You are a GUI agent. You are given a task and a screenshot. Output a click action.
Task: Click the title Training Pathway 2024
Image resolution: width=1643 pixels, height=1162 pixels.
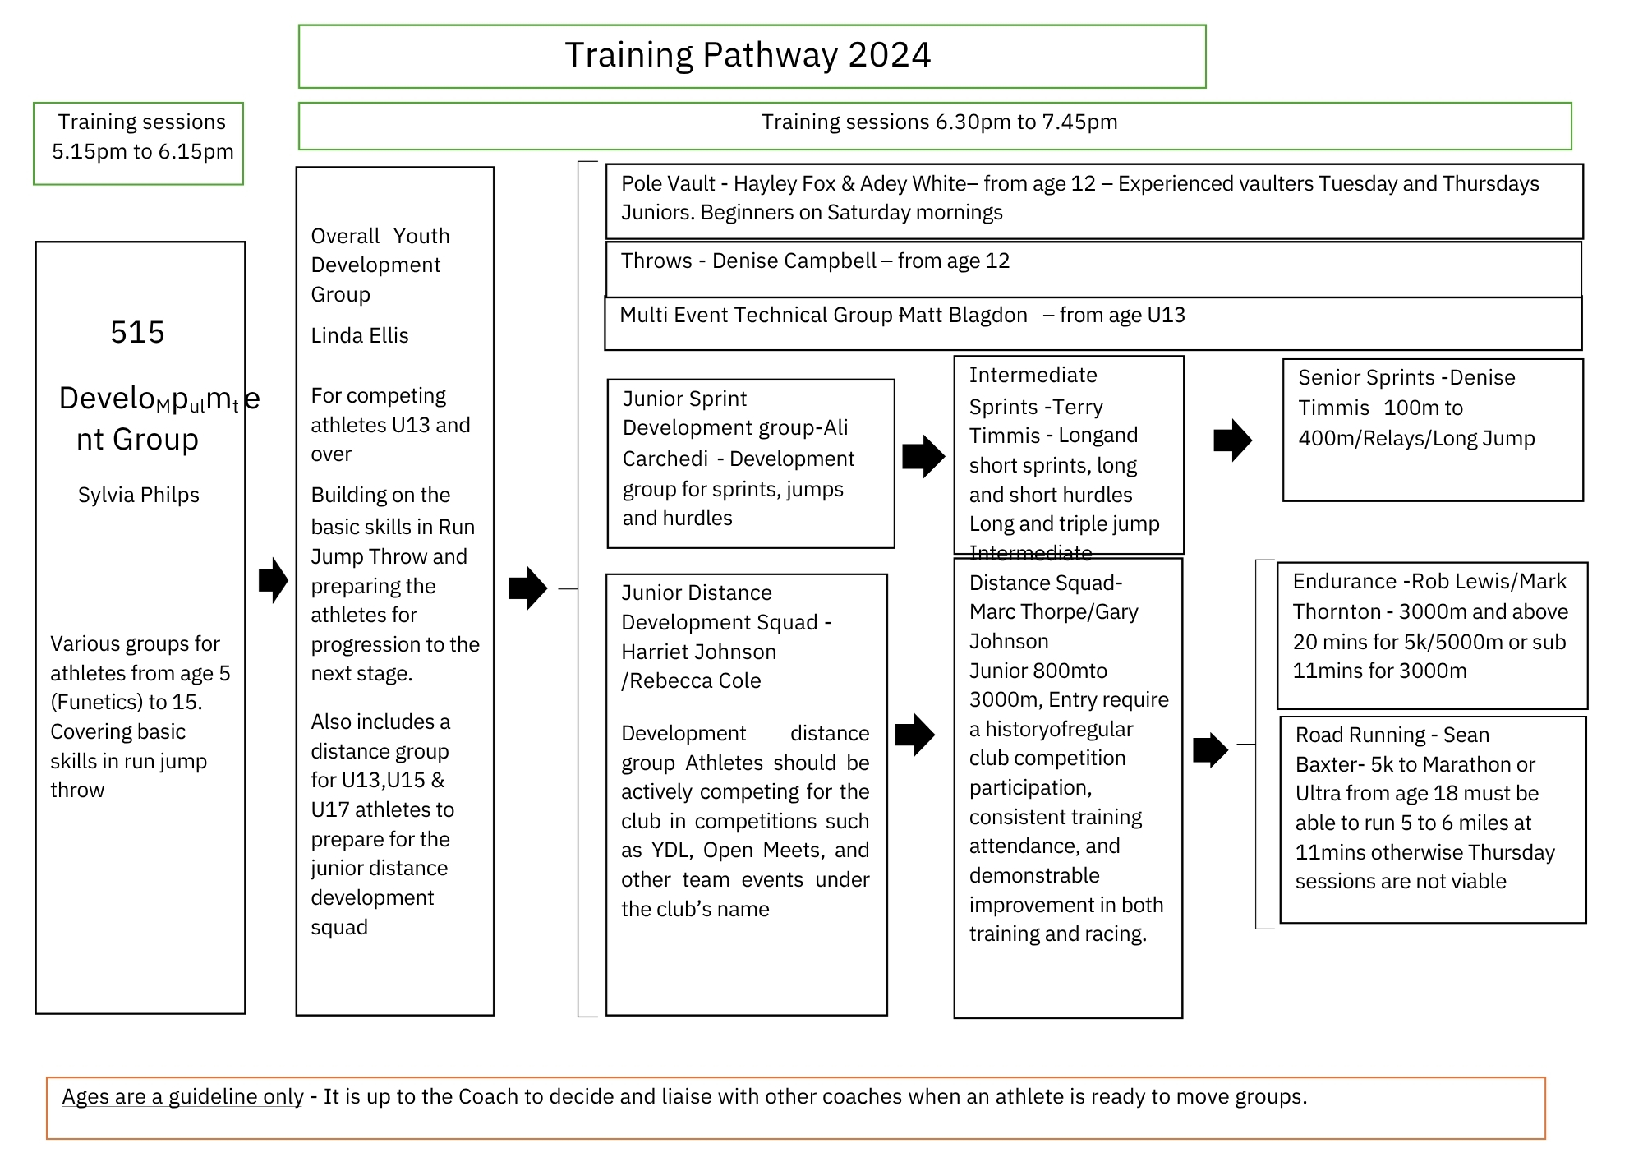click(748, 55)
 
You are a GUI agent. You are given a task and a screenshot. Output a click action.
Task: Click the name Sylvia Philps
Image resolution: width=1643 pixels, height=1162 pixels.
click(139, 495)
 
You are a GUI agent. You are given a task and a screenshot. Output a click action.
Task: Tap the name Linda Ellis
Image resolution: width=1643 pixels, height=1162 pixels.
click(359, 335)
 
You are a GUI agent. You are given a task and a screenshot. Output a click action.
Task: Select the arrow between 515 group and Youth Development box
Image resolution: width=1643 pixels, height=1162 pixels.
click(273, 580)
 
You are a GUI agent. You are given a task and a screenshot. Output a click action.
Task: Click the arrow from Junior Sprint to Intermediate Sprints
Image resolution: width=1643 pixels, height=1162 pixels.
click(923, 456)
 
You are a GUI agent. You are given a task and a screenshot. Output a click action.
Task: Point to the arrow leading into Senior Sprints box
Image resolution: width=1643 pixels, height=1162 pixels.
click(1232, 440)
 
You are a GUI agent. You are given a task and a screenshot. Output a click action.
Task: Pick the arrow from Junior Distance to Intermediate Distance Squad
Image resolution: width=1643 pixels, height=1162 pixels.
click(914, 734)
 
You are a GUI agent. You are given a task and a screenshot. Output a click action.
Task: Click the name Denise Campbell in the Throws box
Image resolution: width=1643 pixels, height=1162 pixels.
click(794, 261)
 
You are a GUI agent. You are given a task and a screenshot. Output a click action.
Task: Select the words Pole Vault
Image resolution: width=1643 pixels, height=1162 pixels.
click(657, 184)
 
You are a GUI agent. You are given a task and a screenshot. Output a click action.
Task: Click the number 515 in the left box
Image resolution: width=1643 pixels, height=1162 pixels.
click(137, 332)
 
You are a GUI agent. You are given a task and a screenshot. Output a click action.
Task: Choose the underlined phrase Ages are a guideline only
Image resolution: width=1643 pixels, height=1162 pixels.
click(182, 1097)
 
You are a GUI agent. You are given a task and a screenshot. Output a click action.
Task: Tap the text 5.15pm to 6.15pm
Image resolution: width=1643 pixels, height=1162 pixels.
click(143, 152)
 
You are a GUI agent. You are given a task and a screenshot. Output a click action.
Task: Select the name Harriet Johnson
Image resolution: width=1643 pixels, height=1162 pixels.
click(698, 652)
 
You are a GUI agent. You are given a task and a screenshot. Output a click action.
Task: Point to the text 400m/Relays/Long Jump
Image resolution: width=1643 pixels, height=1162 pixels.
click(1416, 438)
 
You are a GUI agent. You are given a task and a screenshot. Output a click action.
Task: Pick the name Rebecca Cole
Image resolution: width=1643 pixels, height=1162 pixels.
click(695, 681)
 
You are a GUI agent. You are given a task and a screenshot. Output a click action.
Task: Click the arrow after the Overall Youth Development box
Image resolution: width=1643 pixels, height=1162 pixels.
click(527, 588)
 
